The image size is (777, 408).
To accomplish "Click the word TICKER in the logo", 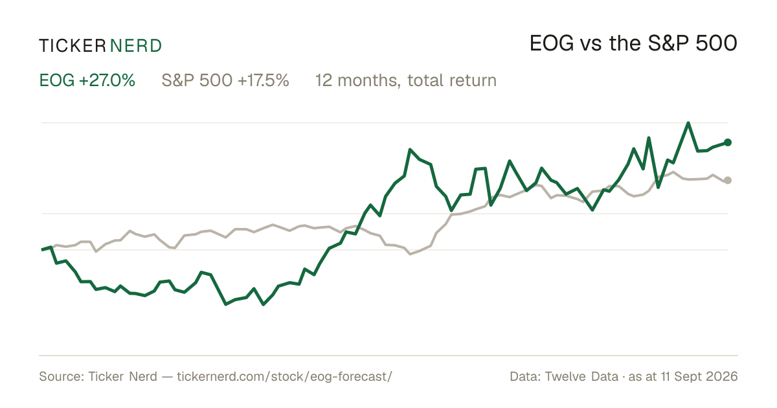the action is tap(73, 46).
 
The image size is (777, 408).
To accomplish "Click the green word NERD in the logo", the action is tap(136, 46).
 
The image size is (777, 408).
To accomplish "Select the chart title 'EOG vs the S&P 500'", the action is tap(633, 43).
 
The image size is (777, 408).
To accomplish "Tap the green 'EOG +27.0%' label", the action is tap(87, 80).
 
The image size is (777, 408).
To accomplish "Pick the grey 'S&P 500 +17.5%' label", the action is tap(225, 80).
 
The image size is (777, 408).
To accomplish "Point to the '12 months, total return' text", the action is tap(406, 80).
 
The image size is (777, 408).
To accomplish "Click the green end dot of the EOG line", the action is tap(728, 142).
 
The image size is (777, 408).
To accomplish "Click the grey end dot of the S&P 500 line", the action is tap(728, 180).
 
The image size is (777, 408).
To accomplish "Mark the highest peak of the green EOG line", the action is tap(688, 123).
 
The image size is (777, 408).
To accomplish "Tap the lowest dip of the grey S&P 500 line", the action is tap(411, 254).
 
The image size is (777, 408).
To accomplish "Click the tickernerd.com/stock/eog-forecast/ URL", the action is tap(284, 376).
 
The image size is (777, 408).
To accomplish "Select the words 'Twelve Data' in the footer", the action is tap(581, 376).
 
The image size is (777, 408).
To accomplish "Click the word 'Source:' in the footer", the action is tap(62, 376).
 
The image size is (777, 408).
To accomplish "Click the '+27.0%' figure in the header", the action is tap(107, 80).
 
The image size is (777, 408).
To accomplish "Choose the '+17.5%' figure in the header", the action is tap(264, 80).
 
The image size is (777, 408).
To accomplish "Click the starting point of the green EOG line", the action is tap(42, 249).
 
